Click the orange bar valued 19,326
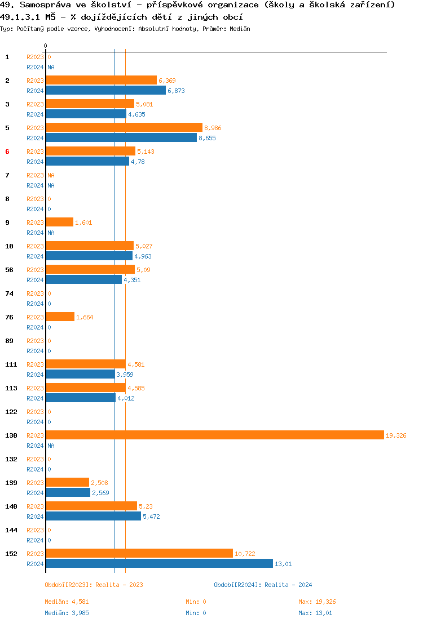214,435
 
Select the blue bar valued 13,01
159,563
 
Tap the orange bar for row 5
124,127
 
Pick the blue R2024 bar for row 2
105,90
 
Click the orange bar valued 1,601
59,222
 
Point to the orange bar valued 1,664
60,317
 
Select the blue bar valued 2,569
68,492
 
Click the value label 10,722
245,554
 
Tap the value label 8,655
207,138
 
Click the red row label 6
7,152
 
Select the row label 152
11,554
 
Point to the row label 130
11,435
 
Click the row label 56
9,270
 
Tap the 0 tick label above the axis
46,46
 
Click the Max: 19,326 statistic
317,602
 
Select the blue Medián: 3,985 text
67,612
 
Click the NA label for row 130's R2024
51,446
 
